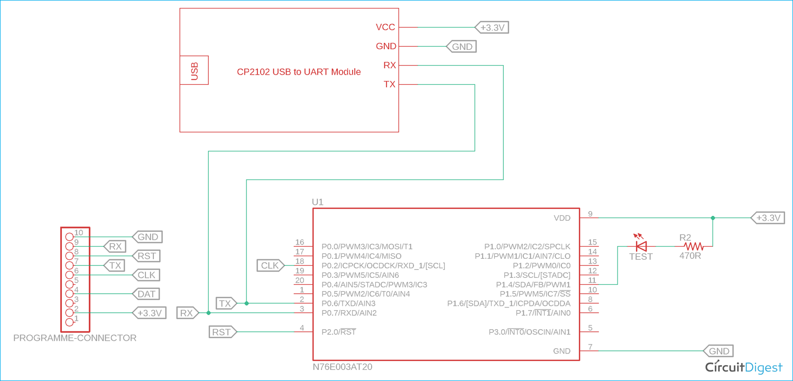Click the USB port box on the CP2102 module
[194, 70]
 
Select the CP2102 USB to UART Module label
[299, 71]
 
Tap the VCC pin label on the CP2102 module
[385, 28]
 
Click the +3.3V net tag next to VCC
[493, 28]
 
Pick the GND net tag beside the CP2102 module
[462, 47]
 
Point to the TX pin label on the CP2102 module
[389, 85]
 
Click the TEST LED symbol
[641, 246]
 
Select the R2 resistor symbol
[693, 246]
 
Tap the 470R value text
[690, 256]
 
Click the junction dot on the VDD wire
[713, 218]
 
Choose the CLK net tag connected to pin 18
[271, 266]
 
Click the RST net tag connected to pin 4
[222, 332]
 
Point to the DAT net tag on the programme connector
[147, 294]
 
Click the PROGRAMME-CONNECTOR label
[75, 338]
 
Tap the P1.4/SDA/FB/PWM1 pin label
[536, 285]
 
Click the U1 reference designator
[318, 202]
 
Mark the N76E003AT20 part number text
[342, 367]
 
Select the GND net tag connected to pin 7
[718, 351]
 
